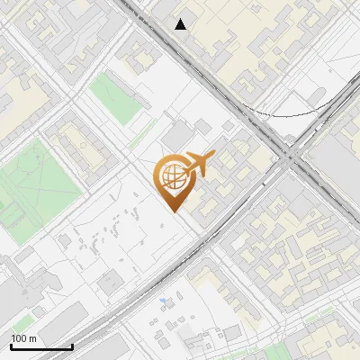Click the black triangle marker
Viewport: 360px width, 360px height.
click(x=181, y=24)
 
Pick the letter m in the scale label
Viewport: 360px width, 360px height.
click(x=34, y=338)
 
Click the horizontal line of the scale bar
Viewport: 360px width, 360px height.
click(x=41, y=347)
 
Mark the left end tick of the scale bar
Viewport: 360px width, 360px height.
click(x=11, y=346)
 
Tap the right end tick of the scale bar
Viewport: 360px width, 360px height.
click(x=72, y=346)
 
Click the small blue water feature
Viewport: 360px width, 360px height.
click(x=163, y=300)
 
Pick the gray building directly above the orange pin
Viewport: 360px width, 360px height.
click(x=181, y=135)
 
